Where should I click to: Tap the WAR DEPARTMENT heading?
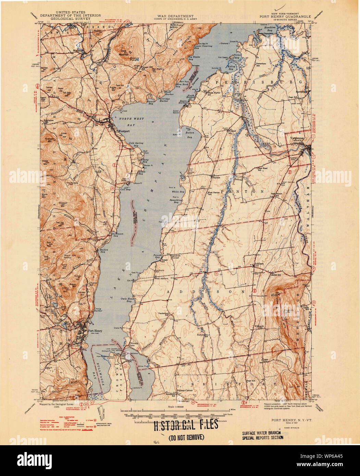click(x=176, y=16)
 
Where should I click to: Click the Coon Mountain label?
click(x=124, y=52)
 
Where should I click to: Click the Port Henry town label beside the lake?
click(x=95, y=331)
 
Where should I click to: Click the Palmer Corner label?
click(x=185, y=390)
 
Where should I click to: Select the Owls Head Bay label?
click(x=124, y=300)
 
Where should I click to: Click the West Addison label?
click(x=161, y=278)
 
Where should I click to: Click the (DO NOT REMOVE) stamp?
click(x=186, y=437)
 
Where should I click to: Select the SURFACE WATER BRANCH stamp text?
click(x=262, y=433)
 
